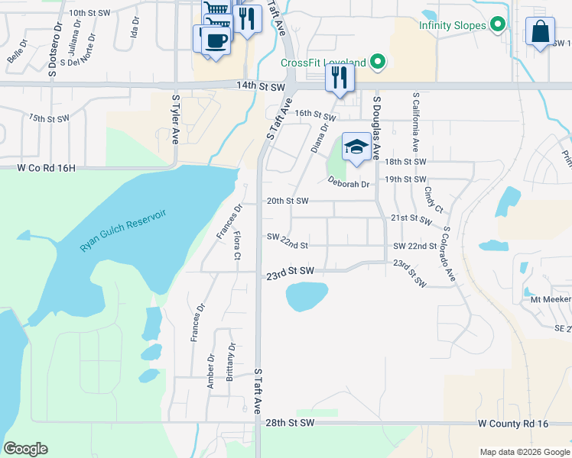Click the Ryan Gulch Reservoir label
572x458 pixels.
tap(123, 231)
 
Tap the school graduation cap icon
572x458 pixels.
tap(356, 146)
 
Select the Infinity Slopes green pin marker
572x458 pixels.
tap(499, 25)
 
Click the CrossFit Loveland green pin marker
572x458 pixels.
tap(376, 62)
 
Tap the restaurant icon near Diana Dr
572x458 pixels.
tap(340, 77)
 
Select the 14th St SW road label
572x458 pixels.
tap(239, 88)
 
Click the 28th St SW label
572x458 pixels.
tap(290, 422)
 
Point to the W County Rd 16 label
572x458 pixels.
tap(513, 422)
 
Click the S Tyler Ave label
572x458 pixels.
tap(175, 120)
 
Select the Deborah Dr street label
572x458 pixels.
tap(349, 183)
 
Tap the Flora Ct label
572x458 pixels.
tap(237, 244)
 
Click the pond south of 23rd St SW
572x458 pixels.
tap(306, 296)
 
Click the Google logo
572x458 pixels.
tap(25, 449)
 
